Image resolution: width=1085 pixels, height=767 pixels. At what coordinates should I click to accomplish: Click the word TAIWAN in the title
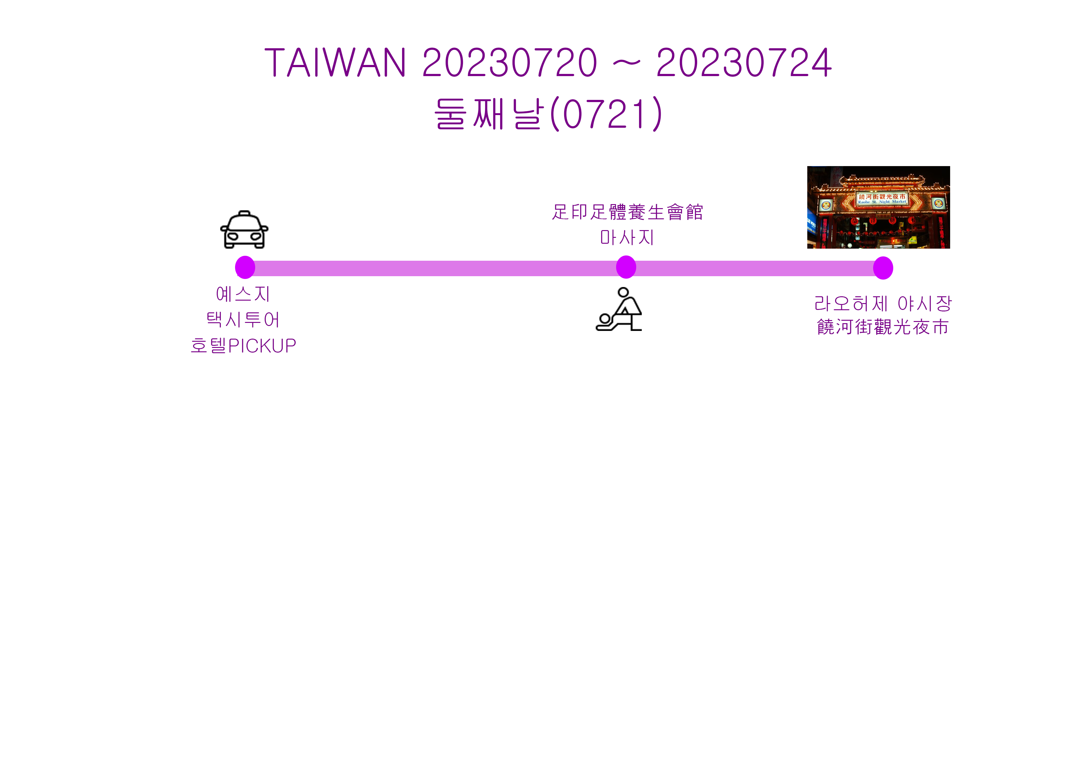(x=335, y=62)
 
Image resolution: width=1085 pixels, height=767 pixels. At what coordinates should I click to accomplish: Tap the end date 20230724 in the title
(x=744, y=62)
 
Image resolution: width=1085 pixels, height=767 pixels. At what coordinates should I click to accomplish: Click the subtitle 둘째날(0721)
(x=548, y=114)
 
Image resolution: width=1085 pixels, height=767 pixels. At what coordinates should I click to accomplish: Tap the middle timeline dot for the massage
(x=626, y=267)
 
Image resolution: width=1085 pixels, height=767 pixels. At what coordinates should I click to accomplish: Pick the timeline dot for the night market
(x=883, y=268)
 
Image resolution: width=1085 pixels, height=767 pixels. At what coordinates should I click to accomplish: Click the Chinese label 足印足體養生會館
(x=628, y=212)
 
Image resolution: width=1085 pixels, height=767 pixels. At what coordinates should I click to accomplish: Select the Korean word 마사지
(x=627, y=237)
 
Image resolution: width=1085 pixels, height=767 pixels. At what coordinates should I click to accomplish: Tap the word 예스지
(x=243, y=294)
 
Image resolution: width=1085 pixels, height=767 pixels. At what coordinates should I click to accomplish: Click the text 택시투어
(x=243, y=320)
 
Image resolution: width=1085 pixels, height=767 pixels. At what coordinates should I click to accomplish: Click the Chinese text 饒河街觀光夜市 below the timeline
(x=883, y=327)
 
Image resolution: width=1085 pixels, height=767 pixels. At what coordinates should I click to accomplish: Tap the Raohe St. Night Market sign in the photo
(x=882, y=199)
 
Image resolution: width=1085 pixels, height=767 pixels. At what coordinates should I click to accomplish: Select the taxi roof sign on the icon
(x=244, y=213)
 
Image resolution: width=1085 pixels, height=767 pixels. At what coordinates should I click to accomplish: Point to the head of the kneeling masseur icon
(x=623, y=292)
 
